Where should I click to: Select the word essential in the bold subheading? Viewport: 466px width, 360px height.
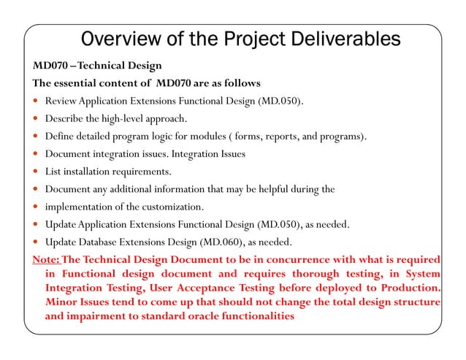[x=83, y=82]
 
